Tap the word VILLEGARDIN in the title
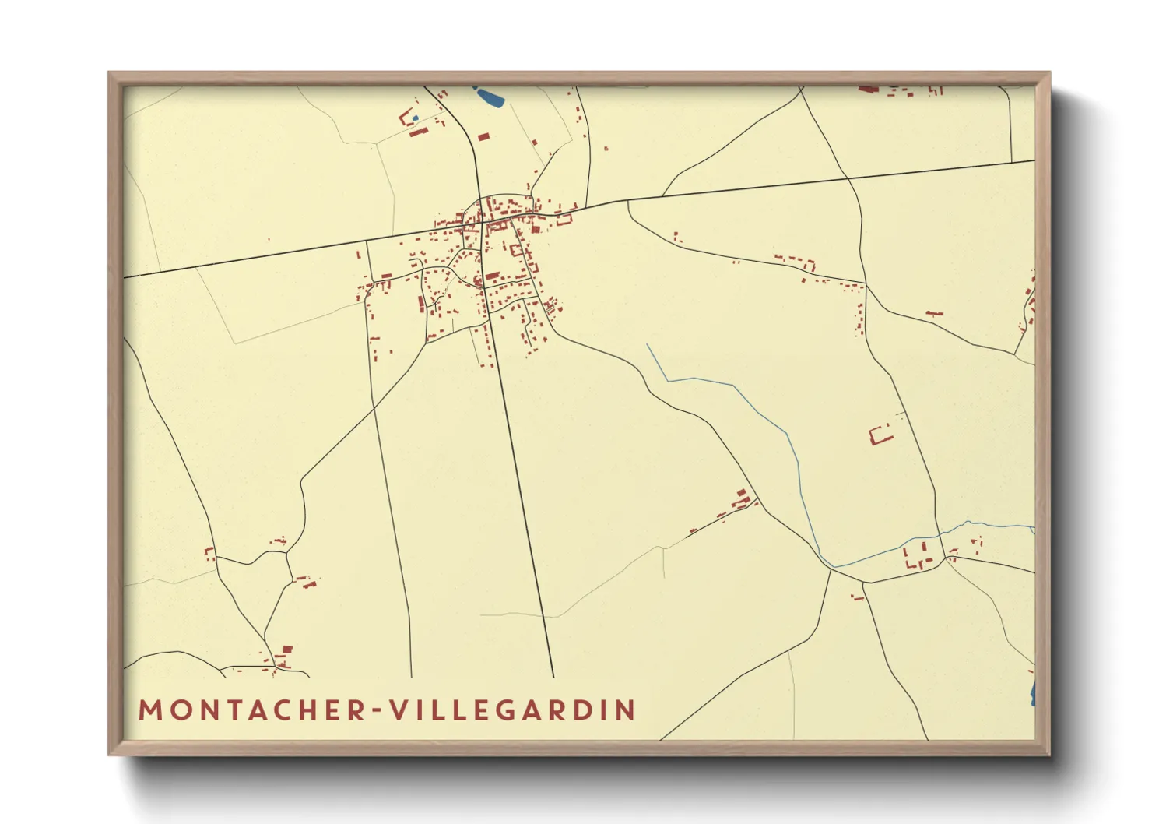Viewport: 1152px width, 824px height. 513,710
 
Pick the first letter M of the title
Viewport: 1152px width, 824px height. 149,710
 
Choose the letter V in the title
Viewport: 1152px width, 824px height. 399,710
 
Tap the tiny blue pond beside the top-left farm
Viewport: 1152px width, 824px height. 415,118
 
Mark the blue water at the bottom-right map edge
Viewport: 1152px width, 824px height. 1032,693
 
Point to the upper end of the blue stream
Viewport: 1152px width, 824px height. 648,345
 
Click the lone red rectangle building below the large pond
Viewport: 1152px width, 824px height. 483,137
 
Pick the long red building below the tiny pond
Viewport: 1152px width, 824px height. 419,132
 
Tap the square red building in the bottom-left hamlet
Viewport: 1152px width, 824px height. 286,649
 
